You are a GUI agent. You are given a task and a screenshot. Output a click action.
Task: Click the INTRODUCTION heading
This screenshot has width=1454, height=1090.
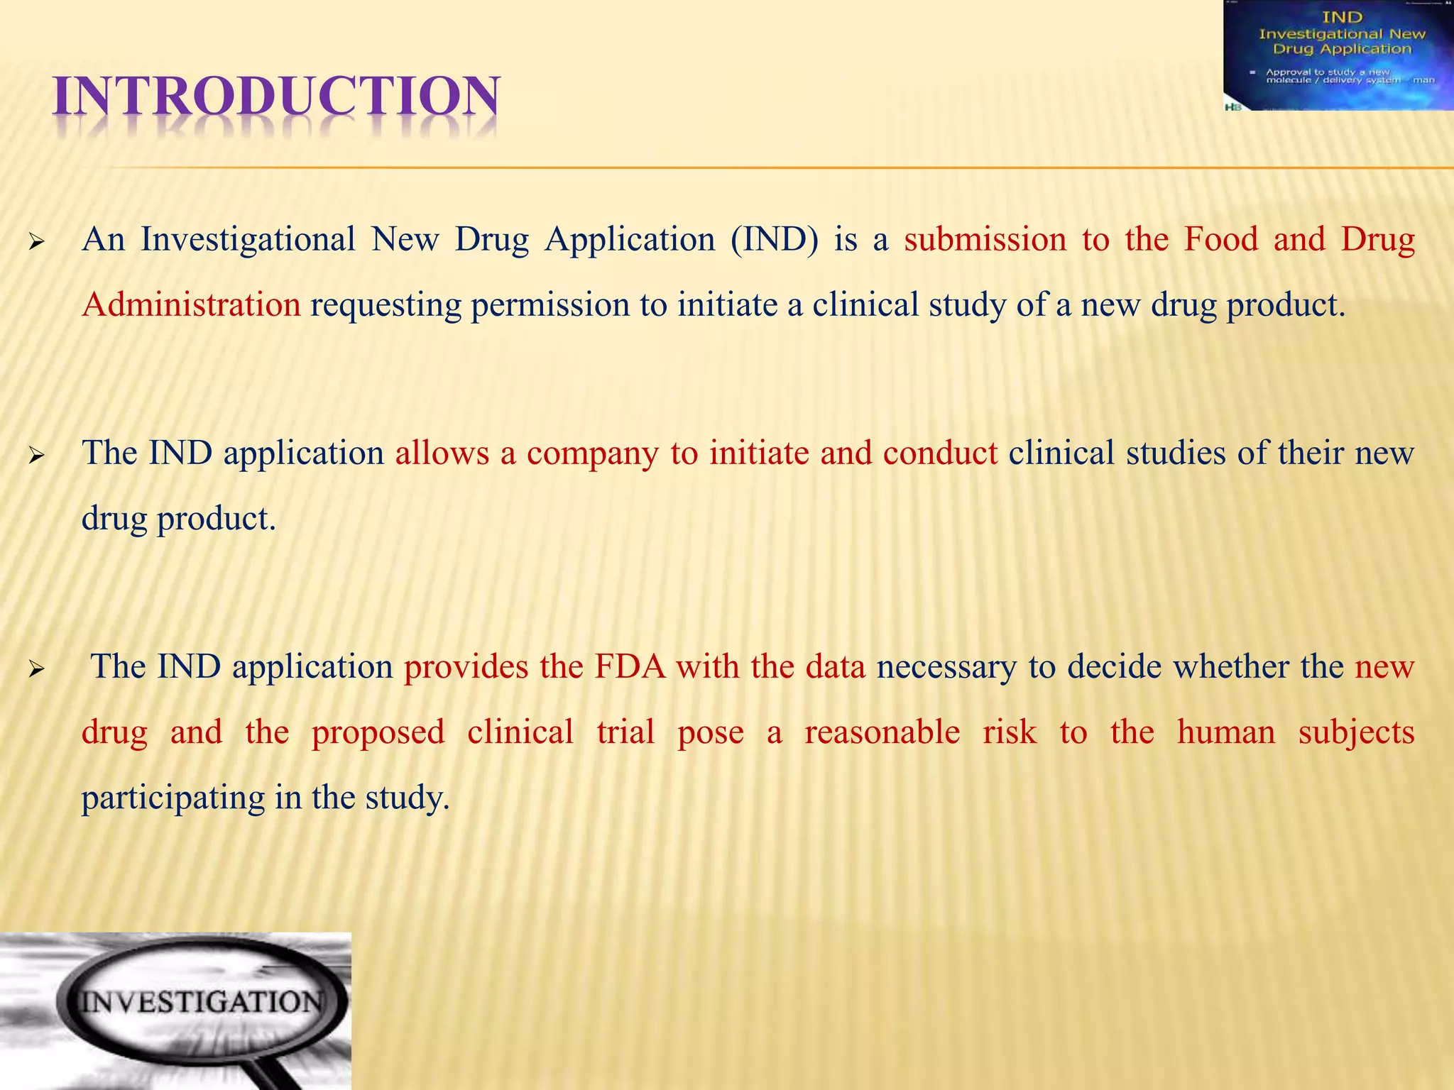pos(277,97)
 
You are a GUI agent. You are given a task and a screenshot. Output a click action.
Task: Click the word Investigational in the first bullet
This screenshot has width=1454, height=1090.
pos(248,240)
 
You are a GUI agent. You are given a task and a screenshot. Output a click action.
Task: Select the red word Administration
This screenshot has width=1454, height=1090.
pos(191,305)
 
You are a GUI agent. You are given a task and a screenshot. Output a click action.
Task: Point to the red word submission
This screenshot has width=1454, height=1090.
pos(985,240)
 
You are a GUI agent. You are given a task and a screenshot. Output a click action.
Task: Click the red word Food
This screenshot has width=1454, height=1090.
pos(1220,240)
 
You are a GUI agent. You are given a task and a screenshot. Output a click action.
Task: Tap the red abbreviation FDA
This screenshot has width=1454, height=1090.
pos(630,667)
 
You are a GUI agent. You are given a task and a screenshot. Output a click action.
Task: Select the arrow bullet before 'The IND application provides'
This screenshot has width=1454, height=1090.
pos(36,669)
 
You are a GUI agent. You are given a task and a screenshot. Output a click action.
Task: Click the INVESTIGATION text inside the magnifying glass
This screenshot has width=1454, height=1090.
pos(201,1002)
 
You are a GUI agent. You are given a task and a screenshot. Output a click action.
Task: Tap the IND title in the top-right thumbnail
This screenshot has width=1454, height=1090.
pos(1342,16)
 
